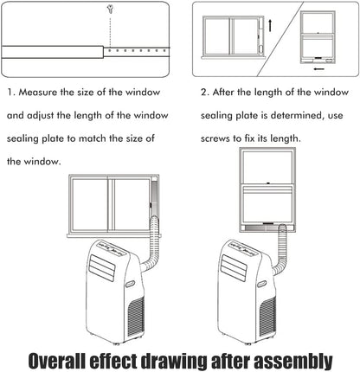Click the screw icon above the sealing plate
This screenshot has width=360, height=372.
[x=110, y=10]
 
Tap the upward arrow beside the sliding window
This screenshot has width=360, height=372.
[x=270, y=25]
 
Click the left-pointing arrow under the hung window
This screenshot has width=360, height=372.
[x=319, y=68]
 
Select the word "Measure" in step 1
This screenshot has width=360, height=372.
[x=38, y=93]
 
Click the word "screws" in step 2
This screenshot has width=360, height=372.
[x=215, y=138]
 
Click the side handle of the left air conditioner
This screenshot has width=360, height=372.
[x=131, y=284]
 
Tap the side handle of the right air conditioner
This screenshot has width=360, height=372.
[x=261, y=284]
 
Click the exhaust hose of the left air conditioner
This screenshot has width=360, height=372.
[x=153, y=245]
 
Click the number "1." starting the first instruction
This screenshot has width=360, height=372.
[x=11, y=93]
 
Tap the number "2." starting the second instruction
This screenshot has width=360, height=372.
[x=204, y=93]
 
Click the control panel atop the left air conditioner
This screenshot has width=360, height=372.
[x=111, y=248]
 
